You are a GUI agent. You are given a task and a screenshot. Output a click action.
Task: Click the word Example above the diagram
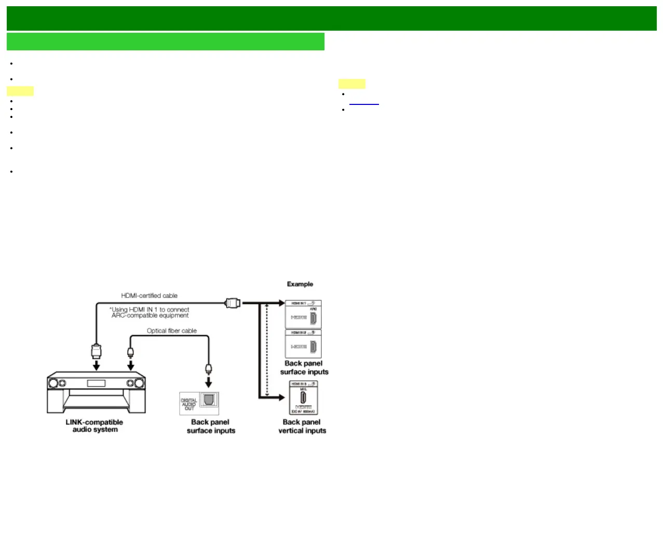tap(300, 284)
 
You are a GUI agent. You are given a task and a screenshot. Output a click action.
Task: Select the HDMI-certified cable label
tap(149, 296)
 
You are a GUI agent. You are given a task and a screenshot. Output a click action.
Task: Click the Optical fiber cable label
tap(171, 331)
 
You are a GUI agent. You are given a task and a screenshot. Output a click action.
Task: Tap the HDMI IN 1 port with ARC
tap(313, 317)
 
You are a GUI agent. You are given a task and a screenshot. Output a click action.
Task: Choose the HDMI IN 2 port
tap(313, 346)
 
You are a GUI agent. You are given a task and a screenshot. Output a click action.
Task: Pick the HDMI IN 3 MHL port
tap(303, 398)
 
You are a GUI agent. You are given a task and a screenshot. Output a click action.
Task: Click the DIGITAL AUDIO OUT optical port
tap(209, 400)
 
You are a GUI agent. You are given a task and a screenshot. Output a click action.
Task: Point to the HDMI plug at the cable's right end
tap(233, 302)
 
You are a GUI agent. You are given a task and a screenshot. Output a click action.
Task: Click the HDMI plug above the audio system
tap(96, 351)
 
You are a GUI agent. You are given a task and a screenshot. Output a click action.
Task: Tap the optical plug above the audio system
tap(131, 353)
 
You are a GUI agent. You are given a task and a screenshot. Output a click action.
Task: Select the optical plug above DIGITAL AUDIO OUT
tap(209, 369)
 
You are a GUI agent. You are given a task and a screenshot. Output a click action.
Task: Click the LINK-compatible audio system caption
tap(94, 426)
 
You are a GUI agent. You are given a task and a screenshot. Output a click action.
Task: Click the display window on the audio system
tap(96, 383)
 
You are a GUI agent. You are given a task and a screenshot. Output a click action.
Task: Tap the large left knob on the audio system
tap(53, 384)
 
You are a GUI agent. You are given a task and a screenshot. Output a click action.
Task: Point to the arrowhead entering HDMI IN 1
tap(282, 303)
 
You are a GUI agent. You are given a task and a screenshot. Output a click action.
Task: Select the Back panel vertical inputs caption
tap(302, 426)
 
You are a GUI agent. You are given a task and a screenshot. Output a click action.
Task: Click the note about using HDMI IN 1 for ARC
tap(150, 312)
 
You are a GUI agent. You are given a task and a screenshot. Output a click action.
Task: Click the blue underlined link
tap(364, 102)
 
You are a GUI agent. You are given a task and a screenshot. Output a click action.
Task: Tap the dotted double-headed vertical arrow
tap(267, 351)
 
